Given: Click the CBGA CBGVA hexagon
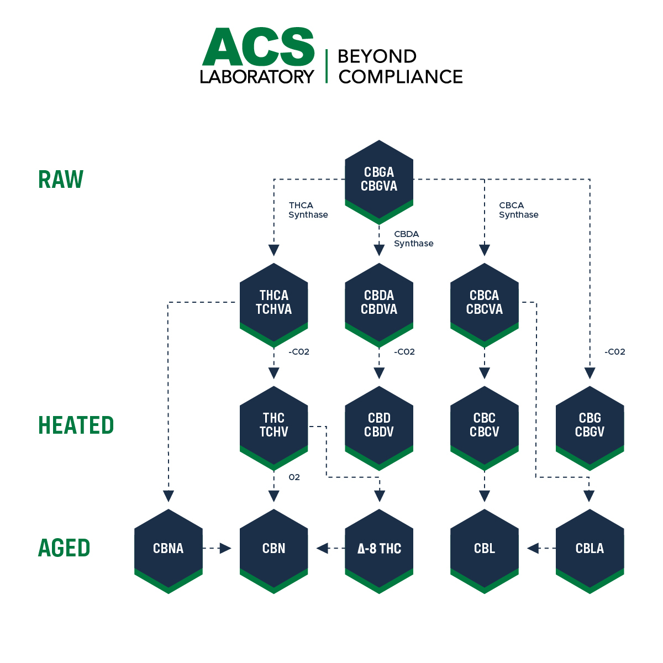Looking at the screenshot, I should [379, 179].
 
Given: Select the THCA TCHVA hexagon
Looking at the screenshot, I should [273, 302].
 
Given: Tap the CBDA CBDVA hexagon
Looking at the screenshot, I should [379, 302].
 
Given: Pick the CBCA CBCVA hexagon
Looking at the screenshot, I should [485, 302].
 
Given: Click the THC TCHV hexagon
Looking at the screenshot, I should [273, 425].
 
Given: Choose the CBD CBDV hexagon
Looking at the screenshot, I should [379, 425].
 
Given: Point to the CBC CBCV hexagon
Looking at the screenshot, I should [485, 425].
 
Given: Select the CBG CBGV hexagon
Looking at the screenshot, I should [590, 425].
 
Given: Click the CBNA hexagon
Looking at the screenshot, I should [168, 548].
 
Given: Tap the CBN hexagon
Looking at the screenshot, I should [273, 548].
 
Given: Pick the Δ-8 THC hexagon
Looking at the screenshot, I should [379, 548].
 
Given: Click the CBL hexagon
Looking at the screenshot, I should [485, 548].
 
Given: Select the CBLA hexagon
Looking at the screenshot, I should [590, 548].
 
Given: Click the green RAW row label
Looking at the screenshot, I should [61, 180].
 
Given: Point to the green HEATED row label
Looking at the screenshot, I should [76, 425].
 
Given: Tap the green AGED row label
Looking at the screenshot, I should [64, 548].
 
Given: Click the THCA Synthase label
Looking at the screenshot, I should [308, 210].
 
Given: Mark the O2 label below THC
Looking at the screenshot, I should [294, 477].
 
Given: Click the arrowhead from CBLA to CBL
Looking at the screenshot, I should [533, 548].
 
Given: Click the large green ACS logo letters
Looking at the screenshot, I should [258, 48].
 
